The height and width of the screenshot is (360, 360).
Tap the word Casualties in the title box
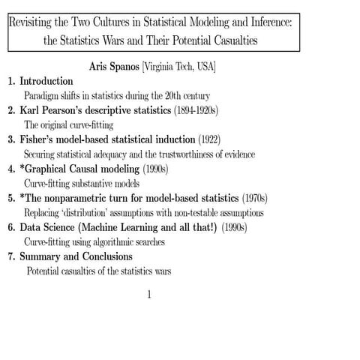click(233, 40)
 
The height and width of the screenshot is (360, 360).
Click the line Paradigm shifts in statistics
click(117, 96)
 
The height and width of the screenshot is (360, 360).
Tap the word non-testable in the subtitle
click(196, 212)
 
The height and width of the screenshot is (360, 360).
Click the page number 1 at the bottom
click(150, 294)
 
